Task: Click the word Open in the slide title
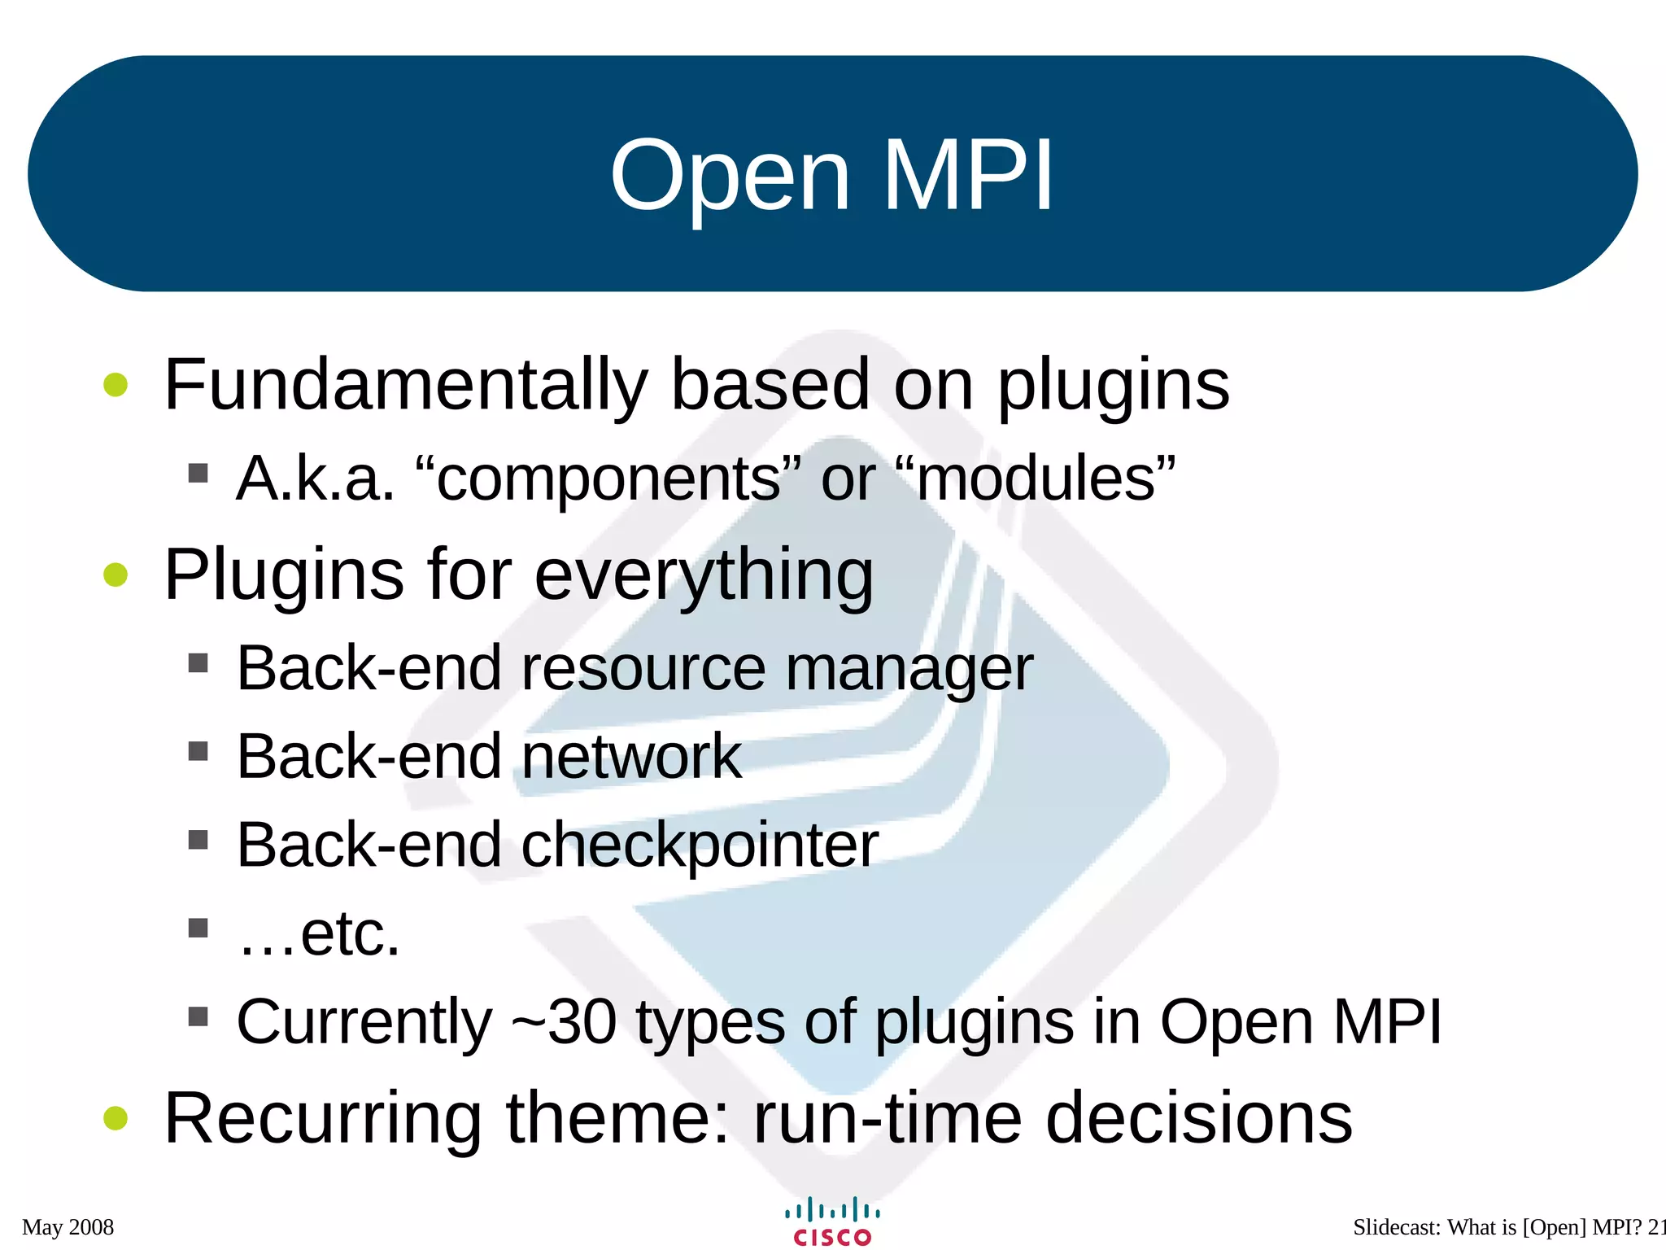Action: point(730,177)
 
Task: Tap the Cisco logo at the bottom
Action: point(832,1222)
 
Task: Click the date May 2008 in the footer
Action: point(68,1227)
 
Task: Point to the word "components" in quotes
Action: point(608,479)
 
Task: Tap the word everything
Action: point(704,575)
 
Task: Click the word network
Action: point(631,757)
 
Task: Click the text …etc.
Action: point(319,934)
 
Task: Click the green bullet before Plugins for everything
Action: point(116,575)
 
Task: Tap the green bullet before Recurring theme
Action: point(116,1118)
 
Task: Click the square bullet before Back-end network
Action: point(198,750)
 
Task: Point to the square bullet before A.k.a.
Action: point(198,473)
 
